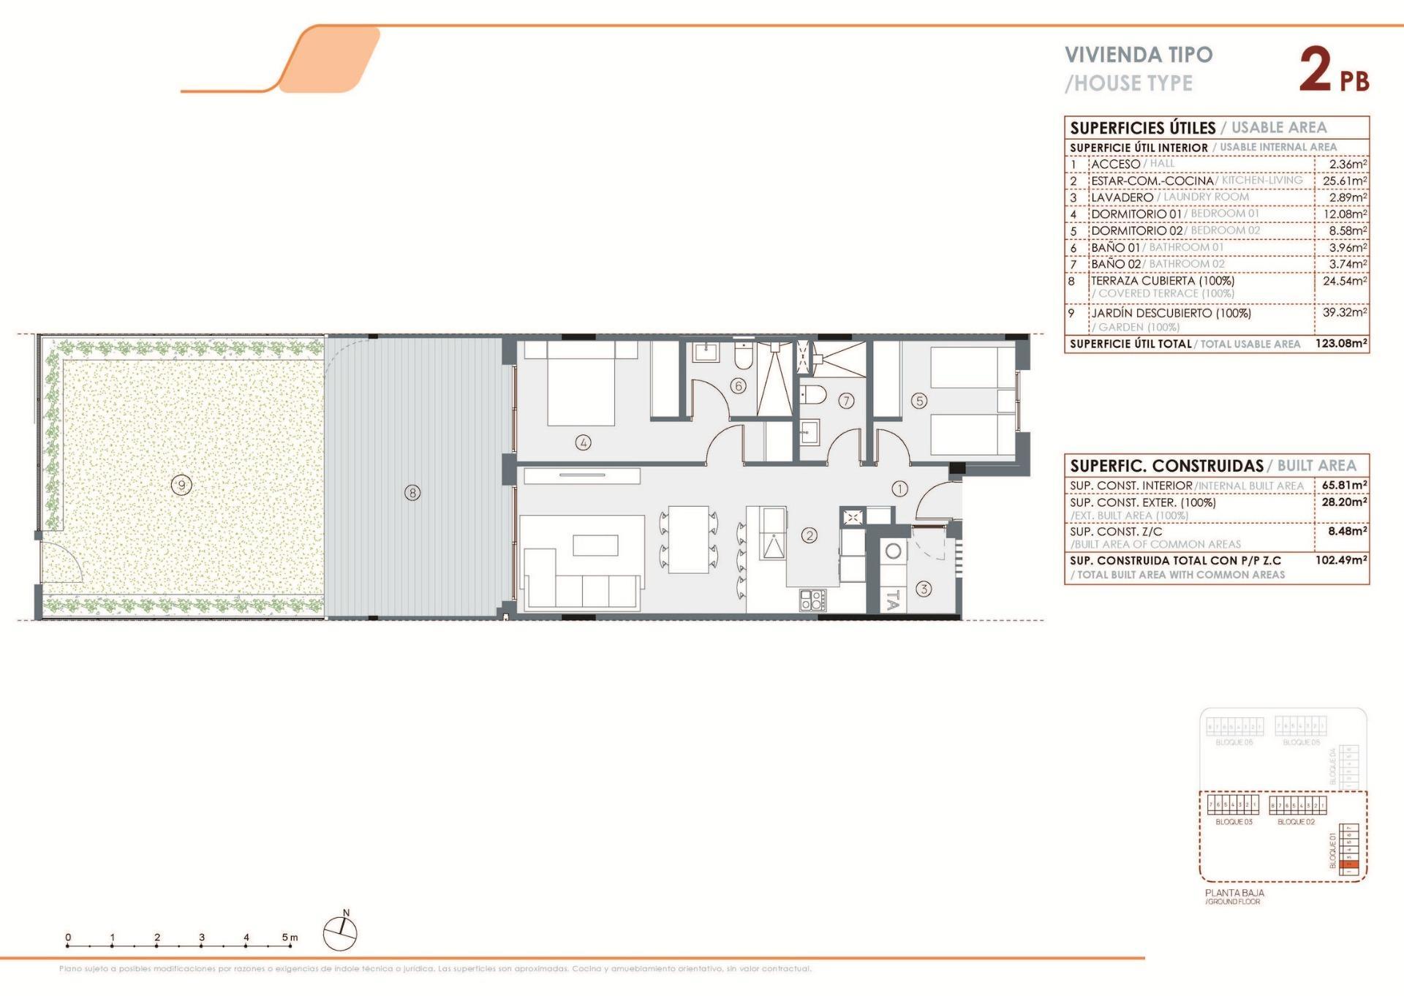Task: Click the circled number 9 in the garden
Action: pos(181,484)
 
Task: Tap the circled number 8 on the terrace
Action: pos(412,493)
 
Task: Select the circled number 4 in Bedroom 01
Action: pos(583,442)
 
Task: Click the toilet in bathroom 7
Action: pos(813,396)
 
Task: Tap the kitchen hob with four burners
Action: pos(813,600)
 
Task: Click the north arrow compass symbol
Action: pos(340,934)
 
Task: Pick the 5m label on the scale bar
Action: pos(290,937)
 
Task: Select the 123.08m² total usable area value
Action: pos(1341,343)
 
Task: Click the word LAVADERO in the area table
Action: pos(1122,197)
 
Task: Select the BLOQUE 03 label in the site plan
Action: pos(1234,822)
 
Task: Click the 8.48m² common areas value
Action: pos(1347,532)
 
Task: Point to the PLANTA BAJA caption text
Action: pos(1234,893)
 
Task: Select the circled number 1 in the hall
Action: pos(899,488)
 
